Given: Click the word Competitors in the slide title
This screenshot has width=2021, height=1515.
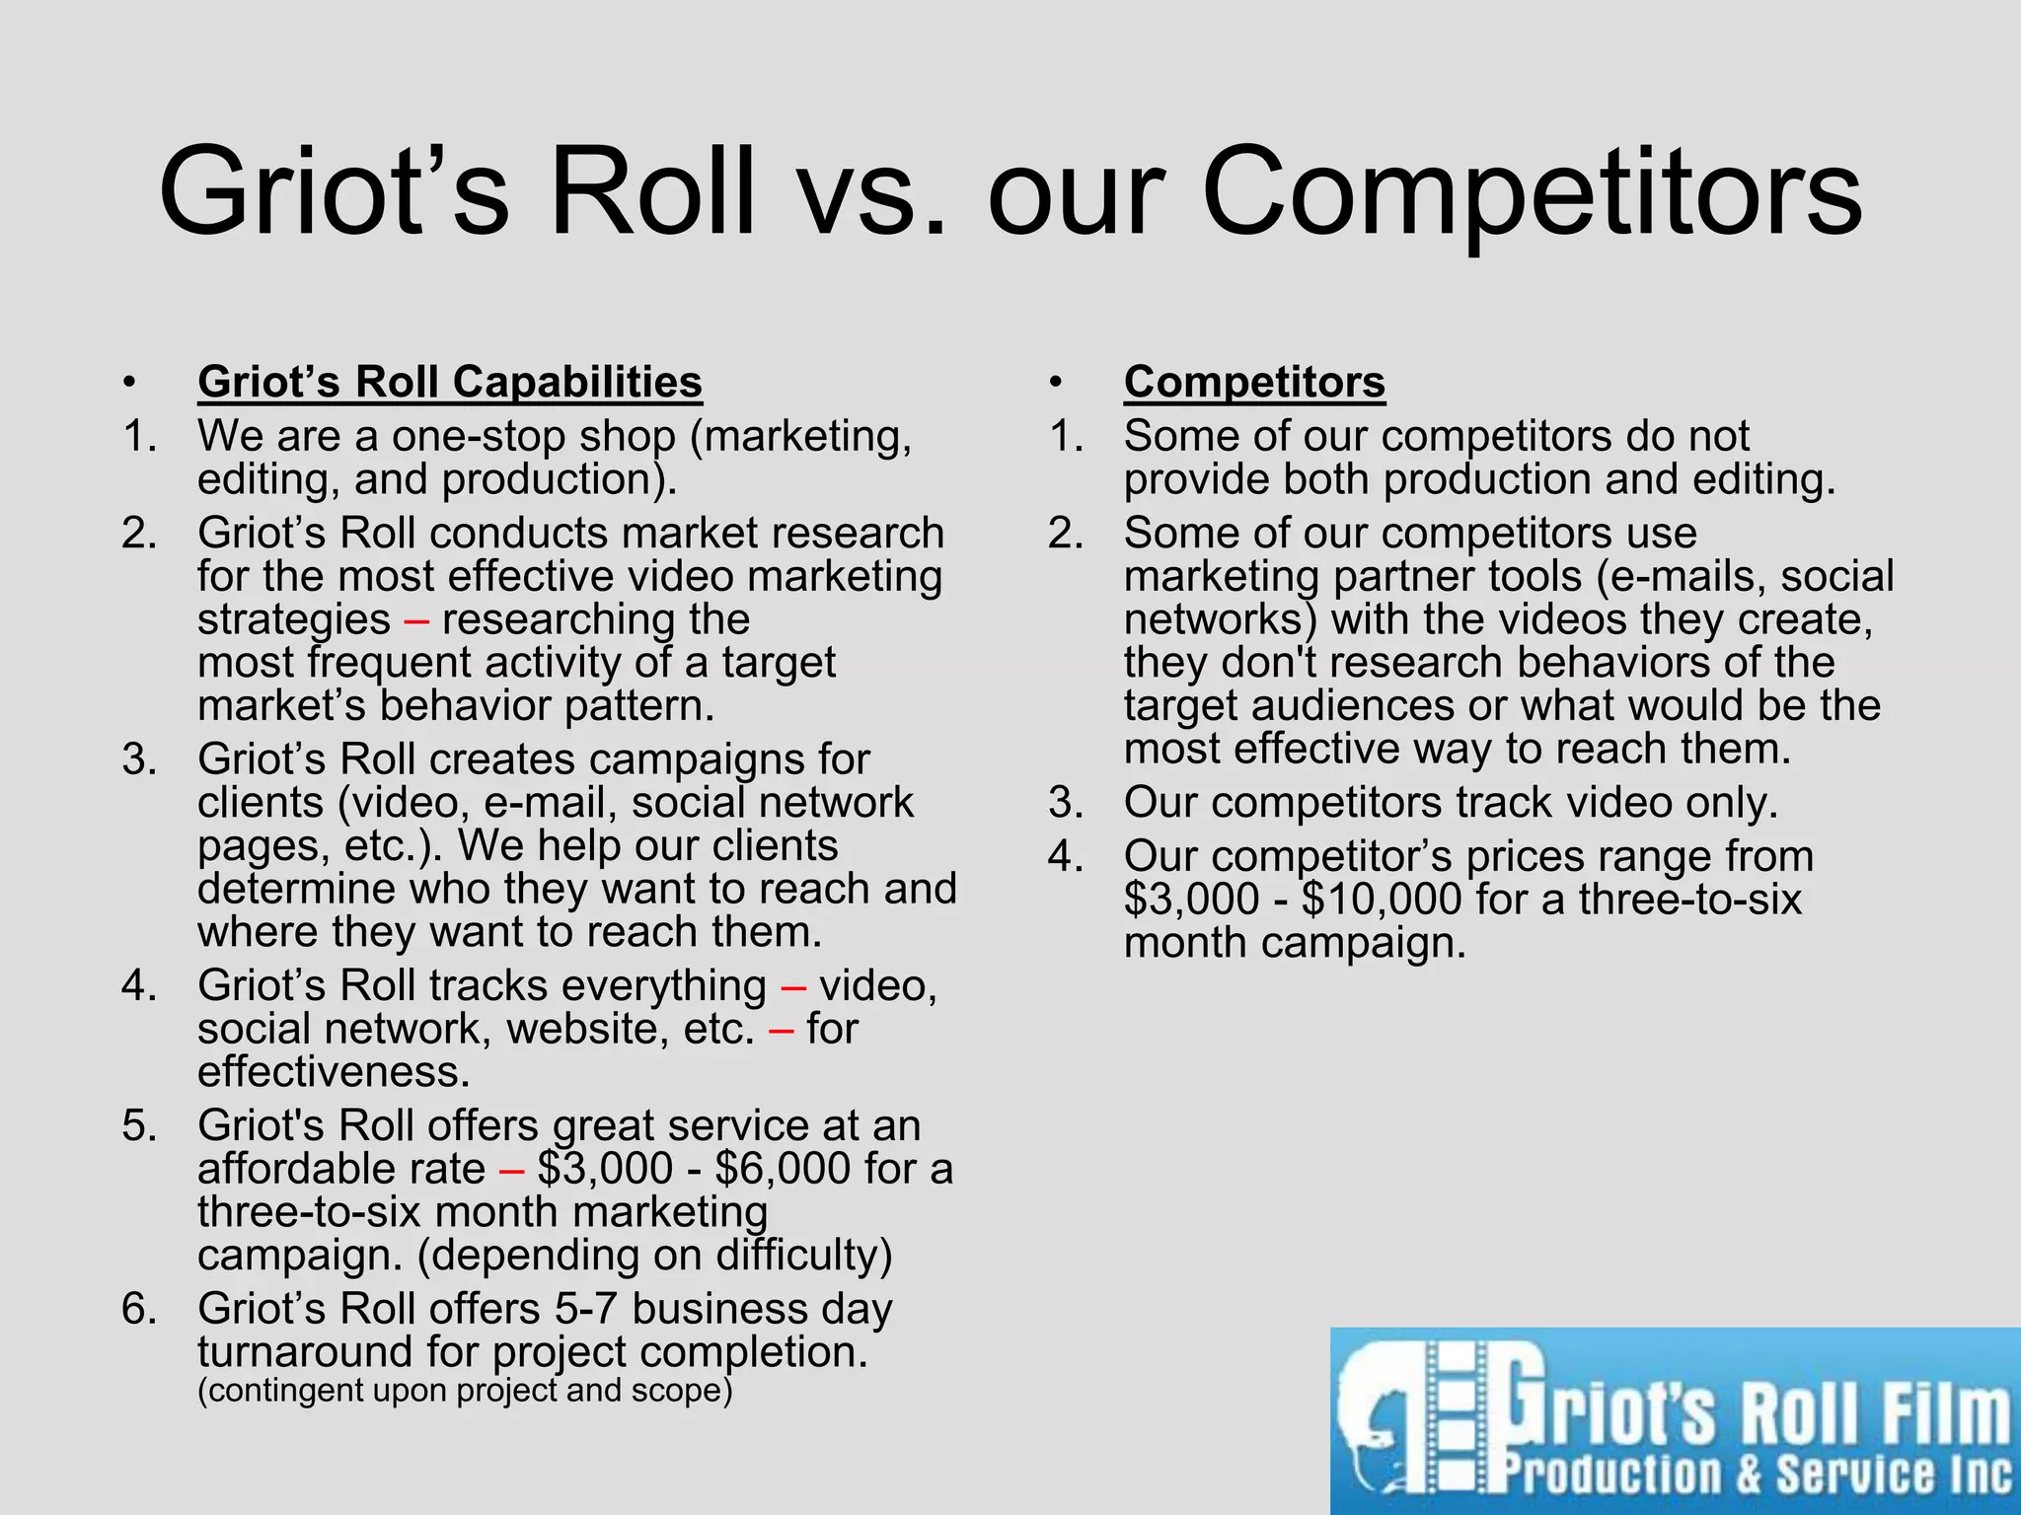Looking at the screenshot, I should tap(1532, 192).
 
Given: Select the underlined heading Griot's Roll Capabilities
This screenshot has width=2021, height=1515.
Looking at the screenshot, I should tap(449, 383).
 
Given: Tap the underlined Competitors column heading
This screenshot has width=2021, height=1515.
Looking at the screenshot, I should tap(1253, 383).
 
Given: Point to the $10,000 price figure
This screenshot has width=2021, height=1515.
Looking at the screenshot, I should tap(1381, 900).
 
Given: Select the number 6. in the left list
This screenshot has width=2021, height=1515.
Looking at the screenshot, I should tap(139, 1309).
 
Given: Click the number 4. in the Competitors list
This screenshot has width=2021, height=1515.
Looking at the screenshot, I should tap(1066, 856).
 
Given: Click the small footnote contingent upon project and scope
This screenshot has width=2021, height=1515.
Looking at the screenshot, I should tap(465, 1391).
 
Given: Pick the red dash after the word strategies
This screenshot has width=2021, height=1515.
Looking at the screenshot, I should tap(416, 620).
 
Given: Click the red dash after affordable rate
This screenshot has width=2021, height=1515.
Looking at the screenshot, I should tap(511, 1170).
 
